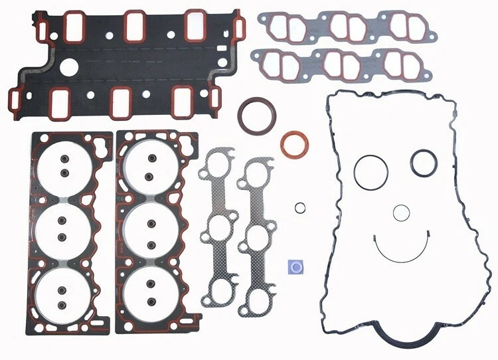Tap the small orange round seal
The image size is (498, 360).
(292, 145)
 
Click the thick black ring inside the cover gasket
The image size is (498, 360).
(422, 161)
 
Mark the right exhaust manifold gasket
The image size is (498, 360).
(257, 236)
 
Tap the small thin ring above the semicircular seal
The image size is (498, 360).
(400, 213)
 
